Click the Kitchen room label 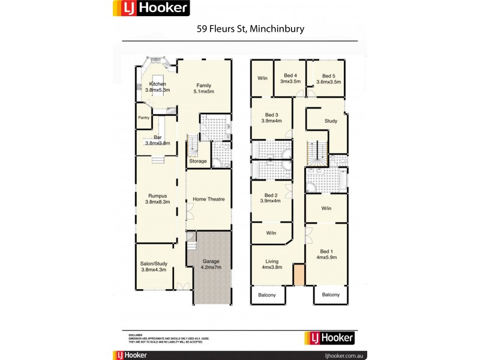coord(158,84)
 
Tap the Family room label coord(203,85)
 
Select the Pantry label coord(144,118)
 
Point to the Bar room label coord(158,137)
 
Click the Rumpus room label coord(158,196)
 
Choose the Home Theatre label coord(209,199)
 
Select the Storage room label coord(198,161)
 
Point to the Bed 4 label coord(290,76)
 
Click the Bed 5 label coord(328,76)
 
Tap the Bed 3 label coord(272,115)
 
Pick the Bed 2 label coord(271,196)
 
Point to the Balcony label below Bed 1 coord(331,295)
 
